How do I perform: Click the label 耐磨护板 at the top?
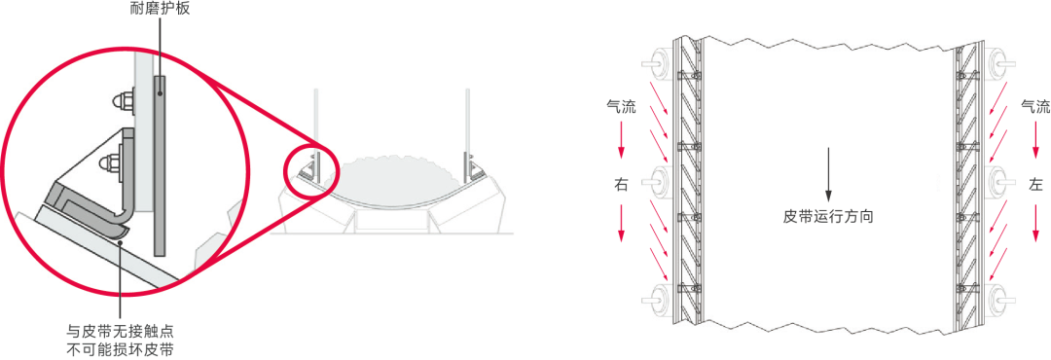tap(162, 9)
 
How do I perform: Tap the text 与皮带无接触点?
tap(121, 331)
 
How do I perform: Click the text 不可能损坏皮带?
tap(121, 349)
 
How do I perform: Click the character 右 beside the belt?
tap(621, 185)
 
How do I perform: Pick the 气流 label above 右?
tap(621, 106)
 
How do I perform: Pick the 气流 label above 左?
tap(1034, 106)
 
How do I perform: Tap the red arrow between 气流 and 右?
tap(621, 139)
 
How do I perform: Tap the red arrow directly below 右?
tap(621, 222)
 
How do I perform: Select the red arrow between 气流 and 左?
tap(1037, 139)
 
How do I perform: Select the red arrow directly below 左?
tap(1037, 222)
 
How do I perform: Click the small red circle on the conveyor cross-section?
tap(311, 169)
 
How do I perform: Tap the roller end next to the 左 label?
tap(999, 182)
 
